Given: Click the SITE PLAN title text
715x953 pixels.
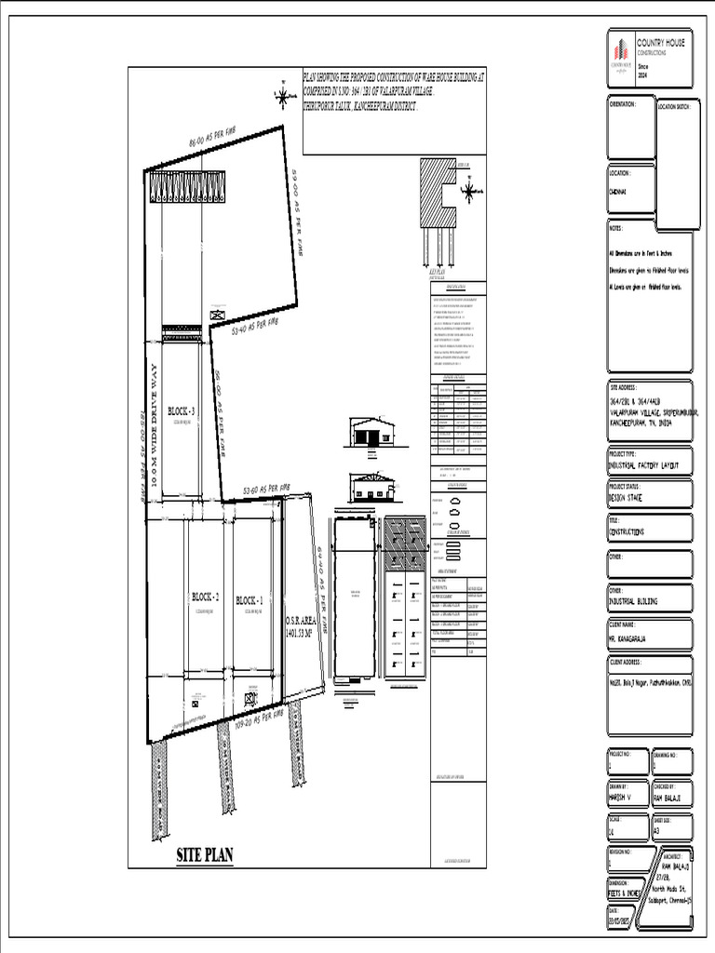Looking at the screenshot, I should (x=205, y=855).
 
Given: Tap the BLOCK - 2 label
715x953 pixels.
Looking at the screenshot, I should (x=205, y=597).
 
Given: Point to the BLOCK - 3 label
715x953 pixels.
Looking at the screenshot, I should (x=182, y=410).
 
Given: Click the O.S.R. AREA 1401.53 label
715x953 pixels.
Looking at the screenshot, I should (x=301, y=625).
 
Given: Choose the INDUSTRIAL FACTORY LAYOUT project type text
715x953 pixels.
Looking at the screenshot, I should (x=643, y=463).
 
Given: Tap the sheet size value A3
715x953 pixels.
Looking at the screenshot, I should (x=657, y=829).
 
